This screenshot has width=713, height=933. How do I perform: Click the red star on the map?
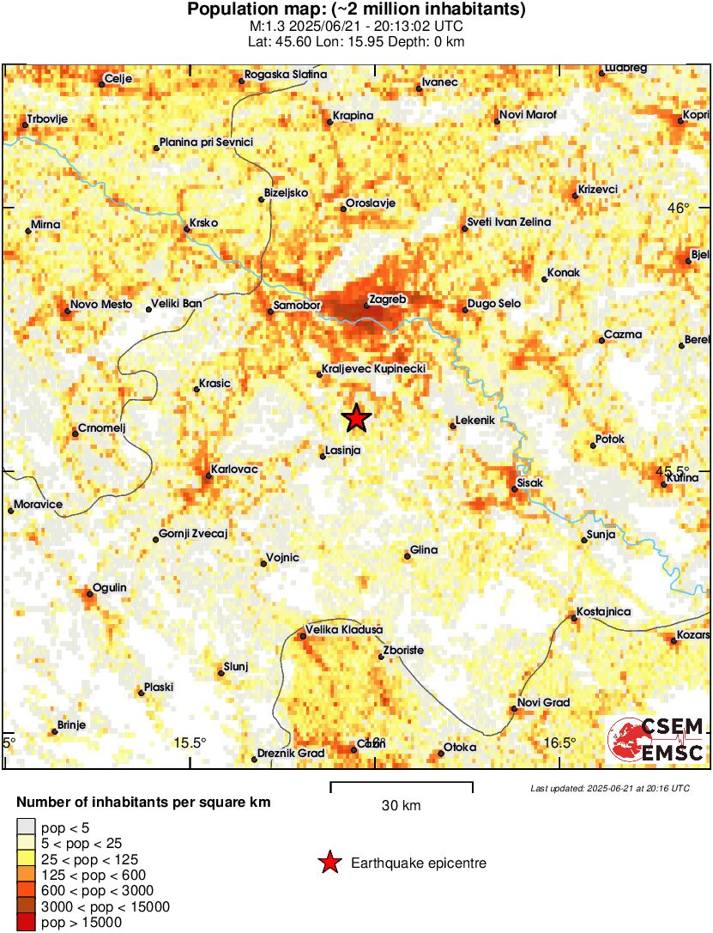tap(357, 418)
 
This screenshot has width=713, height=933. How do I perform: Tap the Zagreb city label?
tap(385, 300)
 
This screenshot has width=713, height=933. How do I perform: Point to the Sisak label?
tap(531, 482)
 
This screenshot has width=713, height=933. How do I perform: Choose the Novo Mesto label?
tap(101, 304)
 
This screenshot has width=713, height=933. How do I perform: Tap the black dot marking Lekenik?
tap(453, 425)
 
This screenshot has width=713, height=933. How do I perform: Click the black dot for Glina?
tap(408, 556)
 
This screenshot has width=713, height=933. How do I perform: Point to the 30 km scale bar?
tap(402, 784)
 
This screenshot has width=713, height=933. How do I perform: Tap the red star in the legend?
tap(329, 863)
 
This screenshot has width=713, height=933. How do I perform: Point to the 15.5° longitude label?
tap(190, 743)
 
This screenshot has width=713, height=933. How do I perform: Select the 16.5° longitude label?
tap(559, 743)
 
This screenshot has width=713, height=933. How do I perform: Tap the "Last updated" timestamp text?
tap(609, 788)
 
